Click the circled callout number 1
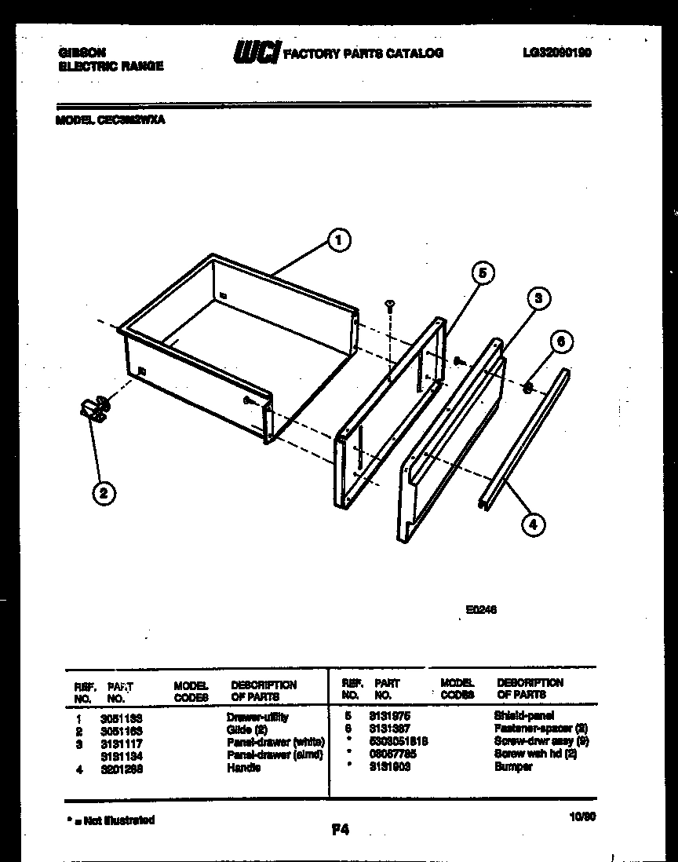338,241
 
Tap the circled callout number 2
102,493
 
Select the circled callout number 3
537,298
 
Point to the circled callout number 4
533,525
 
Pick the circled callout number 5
483,272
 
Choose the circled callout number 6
560,342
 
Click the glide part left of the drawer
95,409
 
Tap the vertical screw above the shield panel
389,304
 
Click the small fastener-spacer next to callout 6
528,386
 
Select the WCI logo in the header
256,53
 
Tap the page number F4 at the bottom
341,829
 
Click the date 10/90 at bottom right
581,816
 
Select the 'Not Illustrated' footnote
111,820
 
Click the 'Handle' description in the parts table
243,768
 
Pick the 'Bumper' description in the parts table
512,766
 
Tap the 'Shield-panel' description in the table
523,716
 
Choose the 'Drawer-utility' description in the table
257,717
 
